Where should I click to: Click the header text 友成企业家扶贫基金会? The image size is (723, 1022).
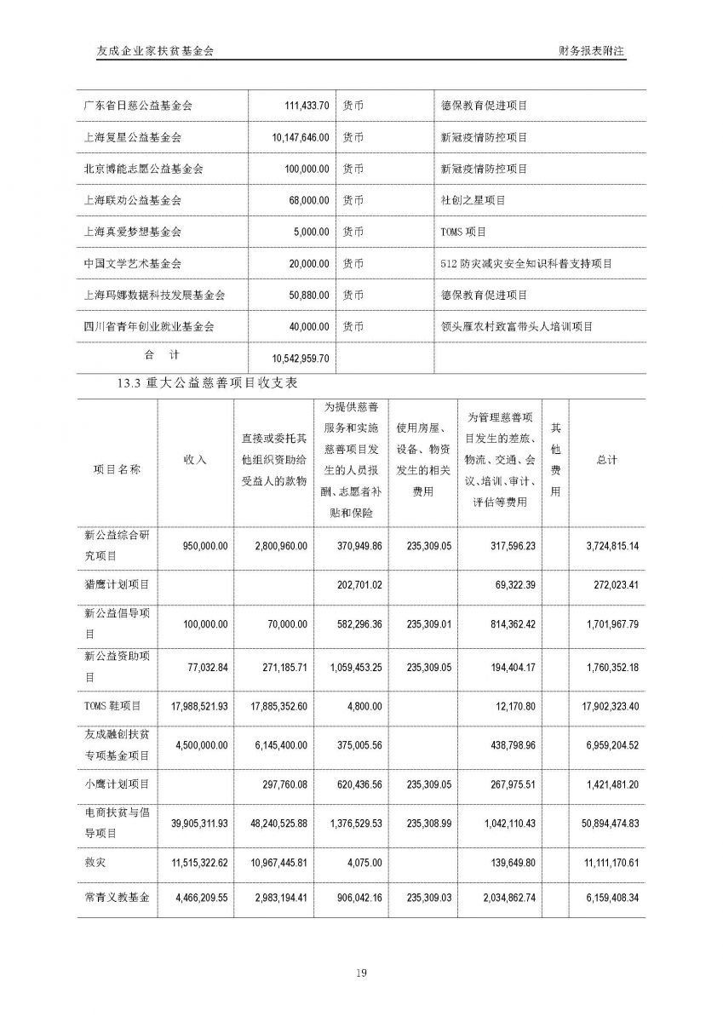point(156,51)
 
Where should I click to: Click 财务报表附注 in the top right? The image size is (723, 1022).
point(591,51)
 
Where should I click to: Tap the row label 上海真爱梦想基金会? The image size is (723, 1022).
point(133,232)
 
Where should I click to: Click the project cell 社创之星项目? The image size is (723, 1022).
point(473,200)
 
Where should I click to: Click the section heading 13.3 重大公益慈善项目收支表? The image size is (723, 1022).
point(208,385)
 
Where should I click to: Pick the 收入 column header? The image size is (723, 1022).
point(195,460)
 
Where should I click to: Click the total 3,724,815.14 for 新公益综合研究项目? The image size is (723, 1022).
point(607,546)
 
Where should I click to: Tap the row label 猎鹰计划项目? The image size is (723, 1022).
point(118,585)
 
